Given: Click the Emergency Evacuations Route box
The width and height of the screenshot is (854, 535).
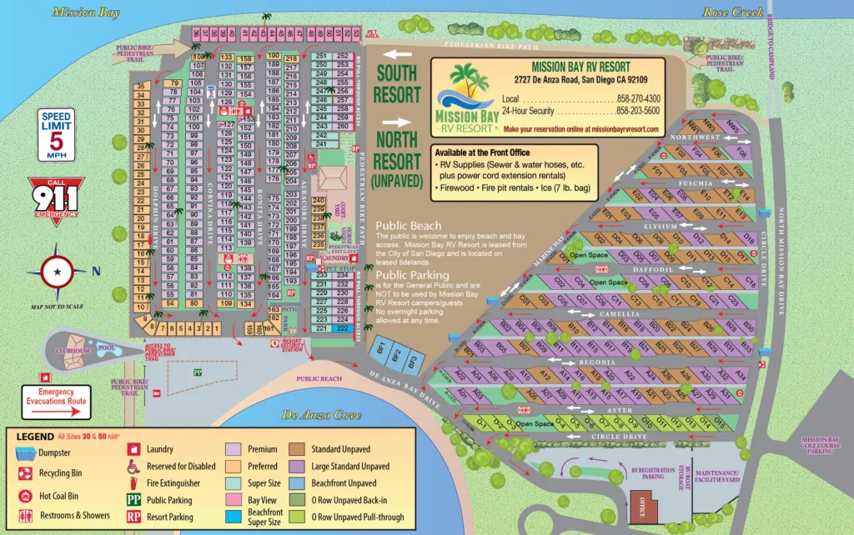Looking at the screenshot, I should pos(57,397).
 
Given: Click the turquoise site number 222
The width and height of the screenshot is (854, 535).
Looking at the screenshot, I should pos(342,328).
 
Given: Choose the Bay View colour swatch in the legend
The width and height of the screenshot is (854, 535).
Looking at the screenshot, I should pos(234,500).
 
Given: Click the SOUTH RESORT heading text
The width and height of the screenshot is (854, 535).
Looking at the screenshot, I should pos(395,83).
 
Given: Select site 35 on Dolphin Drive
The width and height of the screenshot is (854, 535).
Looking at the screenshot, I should pos(142,86).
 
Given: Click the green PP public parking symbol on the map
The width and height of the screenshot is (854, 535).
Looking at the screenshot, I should pos(197,372).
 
